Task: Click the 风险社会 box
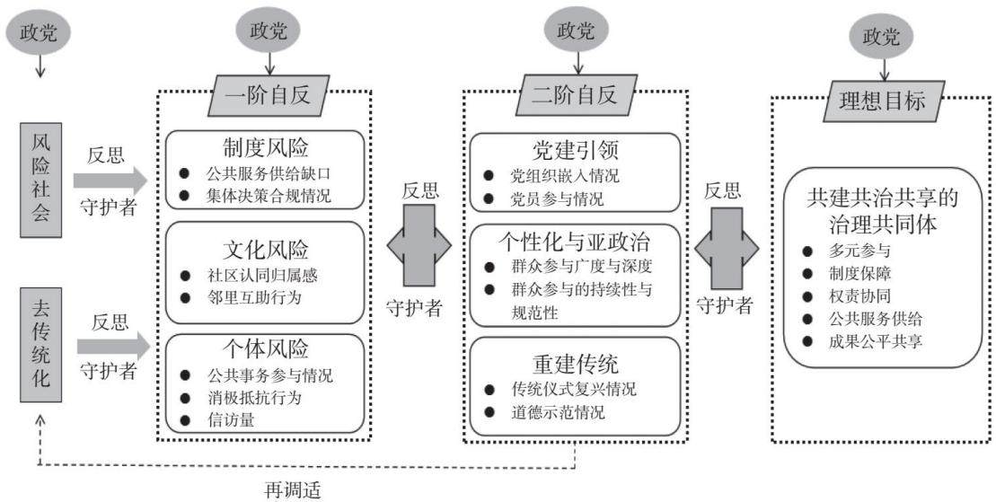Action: (40, 180)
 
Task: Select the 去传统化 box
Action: (40, 345)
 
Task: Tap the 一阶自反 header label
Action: (269, 94)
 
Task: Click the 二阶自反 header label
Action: (575, 94)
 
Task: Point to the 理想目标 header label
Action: (884, 101)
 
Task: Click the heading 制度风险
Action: (266, 147)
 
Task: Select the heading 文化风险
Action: (266, 249)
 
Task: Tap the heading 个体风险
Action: (266, 348)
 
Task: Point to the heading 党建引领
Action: (575, 150)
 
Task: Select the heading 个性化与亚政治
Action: (575, 242)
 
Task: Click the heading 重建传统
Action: (575, 364)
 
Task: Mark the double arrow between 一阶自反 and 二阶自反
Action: (419, 244)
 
